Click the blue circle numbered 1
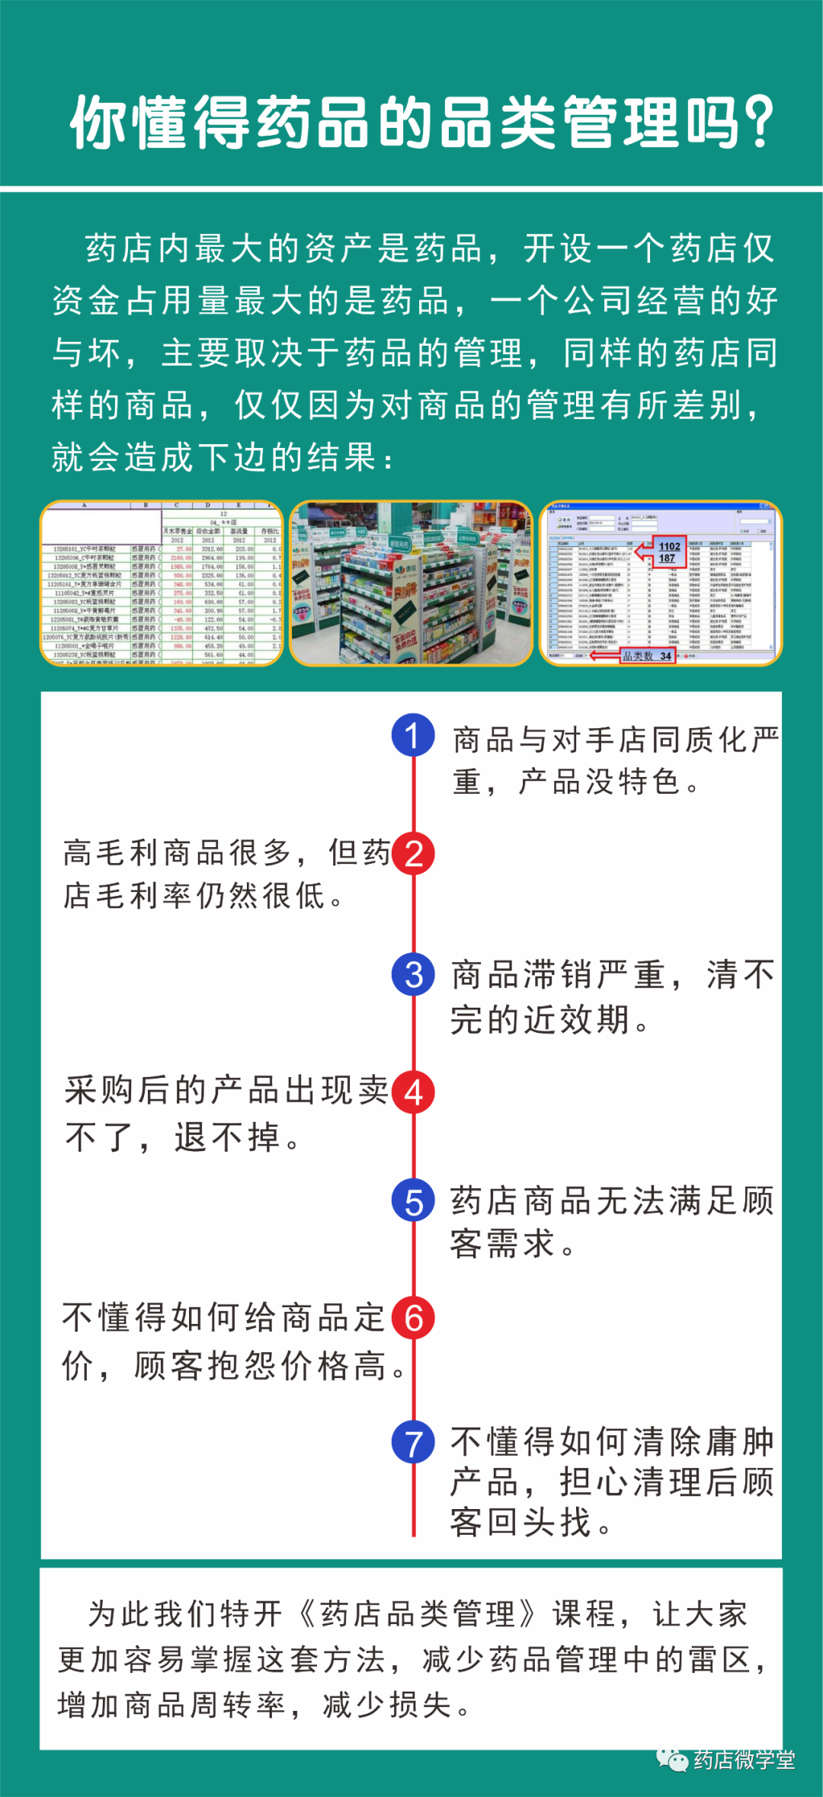tap(413, 735)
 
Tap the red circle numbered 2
tap(413, 854)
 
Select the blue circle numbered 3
tap(413, 974)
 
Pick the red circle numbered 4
tap(413, 1092)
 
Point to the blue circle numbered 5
tap(413, 1201)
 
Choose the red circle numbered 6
tap(413, 1318)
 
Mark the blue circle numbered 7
tap(413, 1442)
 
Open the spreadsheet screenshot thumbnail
tap(162, 584)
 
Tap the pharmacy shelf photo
tap(411, 584)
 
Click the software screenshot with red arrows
tap(660, 584)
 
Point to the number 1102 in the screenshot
tap(670, 546)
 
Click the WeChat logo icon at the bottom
tap(672, 1760)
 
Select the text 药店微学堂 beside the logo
tap(745, 1760)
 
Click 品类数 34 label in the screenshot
tap(647, 656)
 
